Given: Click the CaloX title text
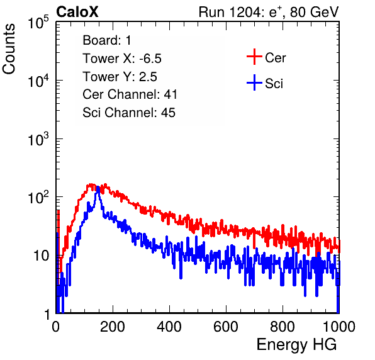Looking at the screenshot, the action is coord(77,12).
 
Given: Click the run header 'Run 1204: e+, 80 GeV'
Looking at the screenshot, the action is coord(269,12).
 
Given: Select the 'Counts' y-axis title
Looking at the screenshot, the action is coord(9,49).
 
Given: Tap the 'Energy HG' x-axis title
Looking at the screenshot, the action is coord(296,345).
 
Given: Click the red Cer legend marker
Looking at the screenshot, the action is coord(254,57).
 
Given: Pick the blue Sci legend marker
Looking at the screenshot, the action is coord(254,82).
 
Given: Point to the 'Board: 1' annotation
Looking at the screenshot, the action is coord(107,40).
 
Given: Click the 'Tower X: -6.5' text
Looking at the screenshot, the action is coord(122,59).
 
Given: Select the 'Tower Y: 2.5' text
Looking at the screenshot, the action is coord(120,77).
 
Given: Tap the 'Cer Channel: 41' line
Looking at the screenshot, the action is coord(130,94).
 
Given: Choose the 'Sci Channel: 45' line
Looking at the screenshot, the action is coord(129,113).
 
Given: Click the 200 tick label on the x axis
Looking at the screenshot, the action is coord(113,327).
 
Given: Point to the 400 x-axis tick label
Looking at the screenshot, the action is coord(169,327).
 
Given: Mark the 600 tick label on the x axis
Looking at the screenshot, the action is coord(226,327).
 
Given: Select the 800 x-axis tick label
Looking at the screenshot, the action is coord(283,327).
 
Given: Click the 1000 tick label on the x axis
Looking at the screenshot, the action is coord(339,327).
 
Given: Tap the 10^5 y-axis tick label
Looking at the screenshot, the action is coord(38,22).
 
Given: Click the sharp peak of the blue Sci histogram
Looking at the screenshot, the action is coord(98,188).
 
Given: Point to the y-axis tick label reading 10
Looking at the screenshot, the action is coord(41,256).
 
